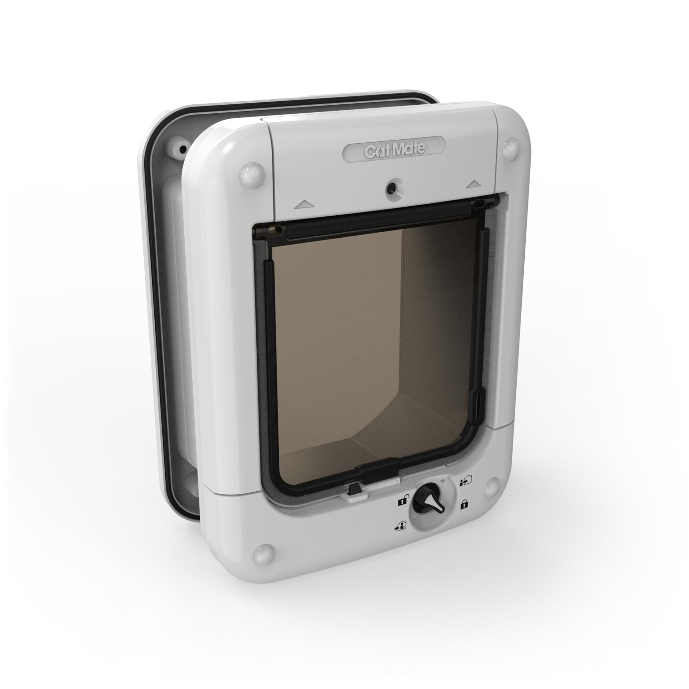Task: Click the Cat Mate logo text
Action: [x=394, y=151]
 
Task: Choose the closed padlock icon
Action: [x=464, y=504]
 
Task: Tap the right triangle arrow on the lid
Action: [x=473, y=184]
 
